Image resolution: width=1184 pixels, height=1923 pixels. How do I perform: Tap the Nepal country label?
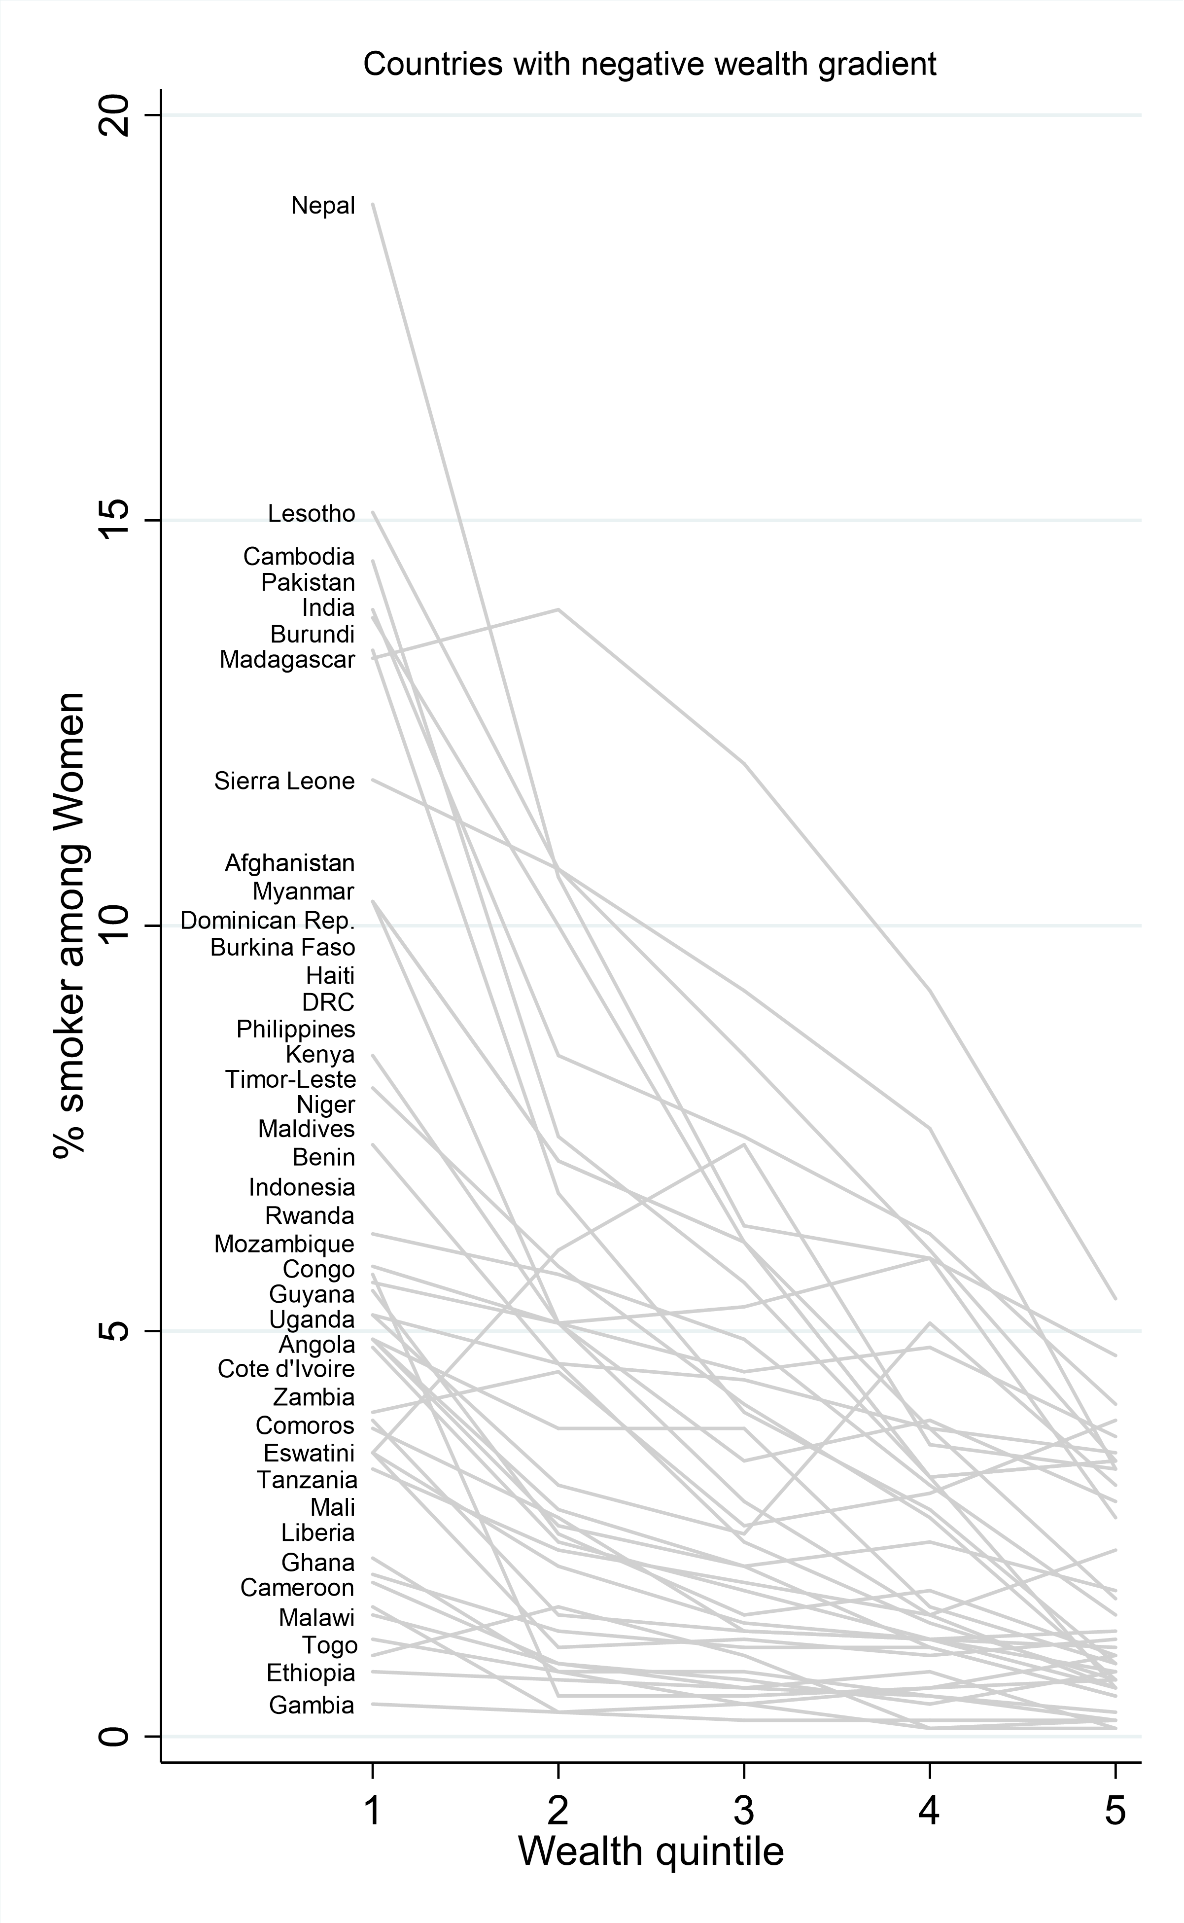(x=323, y=206)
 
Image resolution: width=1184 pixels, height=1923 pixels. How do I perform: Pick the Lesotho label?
(x=311, y=514)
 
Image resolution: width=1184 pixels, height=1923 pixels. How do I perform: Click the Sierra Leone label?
(x=284, y=781)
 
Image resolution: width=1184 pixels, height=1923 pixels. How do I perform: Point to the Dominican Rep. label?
(x=267, y=921)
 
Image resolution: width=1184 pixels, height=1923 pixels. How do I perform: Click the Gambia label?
(x=311, y=1705)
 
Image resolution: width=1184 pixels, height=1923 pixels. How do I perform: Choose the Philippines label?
(x=295, y=1029)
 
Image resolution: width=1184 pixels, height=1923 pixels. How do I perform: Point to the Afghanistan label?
(x=290, y=863)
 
